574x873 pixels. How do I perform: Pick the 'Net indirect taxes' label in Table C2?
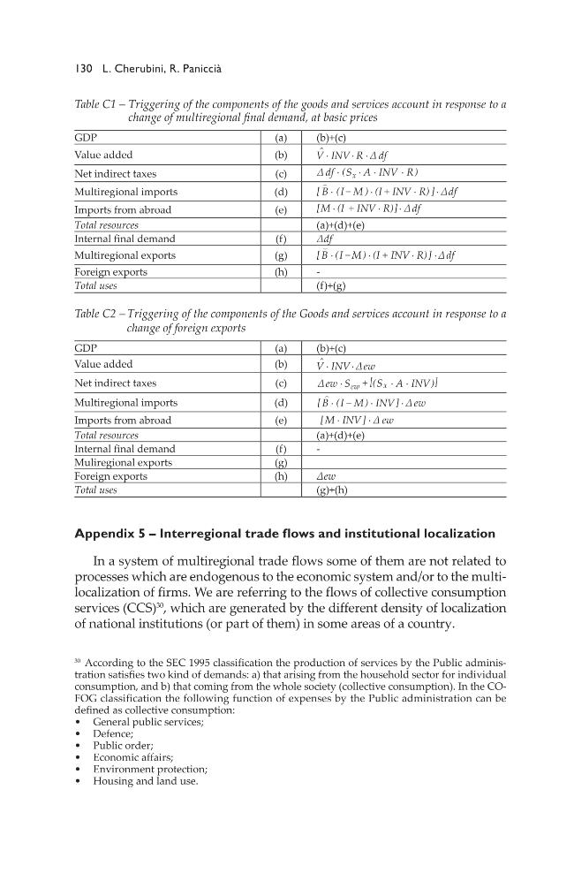point(111,383)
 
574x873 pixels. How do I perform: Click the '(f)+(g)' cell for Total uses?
point(331,286)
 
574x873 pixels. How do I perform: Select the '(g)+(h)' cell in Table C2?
point(333,490)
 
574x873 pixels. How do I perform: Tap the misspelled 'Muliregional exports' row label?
point(123,462)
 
